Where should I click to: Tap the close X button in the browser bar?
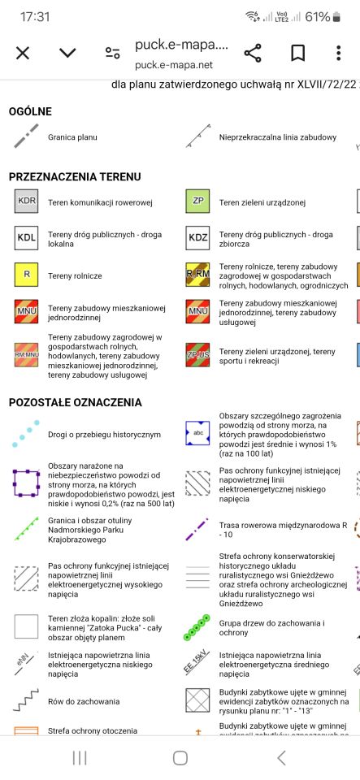click(23, 54)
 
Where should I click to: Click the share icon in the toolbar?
click(253, 54)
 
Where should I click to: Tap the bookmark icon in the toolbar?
click(297, 54)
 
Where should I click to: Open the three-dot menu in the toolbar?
click(339, 54)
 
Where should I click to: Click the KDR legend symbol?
click(27, 201)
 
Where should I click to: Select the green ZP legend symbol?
click(197, 201)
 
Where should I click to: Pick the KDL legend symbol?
click(27, 238)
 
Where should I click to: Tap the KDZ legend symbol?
click(197, 238)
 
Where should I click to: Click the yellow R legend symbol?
click(27, 275)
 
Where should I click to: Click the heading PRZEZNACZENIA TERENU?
click(75, 176)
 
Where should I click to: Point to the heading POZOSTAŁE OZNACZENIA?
click(76, 402)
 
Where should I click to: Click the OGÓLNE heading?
click(31, 111)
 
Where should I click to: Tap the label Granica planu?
click(72, 137)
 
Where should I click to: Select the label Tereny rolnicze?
click(75, 276)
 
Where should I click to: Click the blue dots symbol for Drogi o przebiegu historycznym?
click(26, 435)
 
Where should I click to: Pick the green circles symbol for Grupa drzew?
click(197, 627)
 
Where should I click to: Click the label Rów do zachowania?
click(84, 701)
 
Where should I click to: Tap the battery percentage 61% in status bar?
click(318, 17)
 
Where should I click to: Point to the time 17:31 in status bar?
click(35, 17)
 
